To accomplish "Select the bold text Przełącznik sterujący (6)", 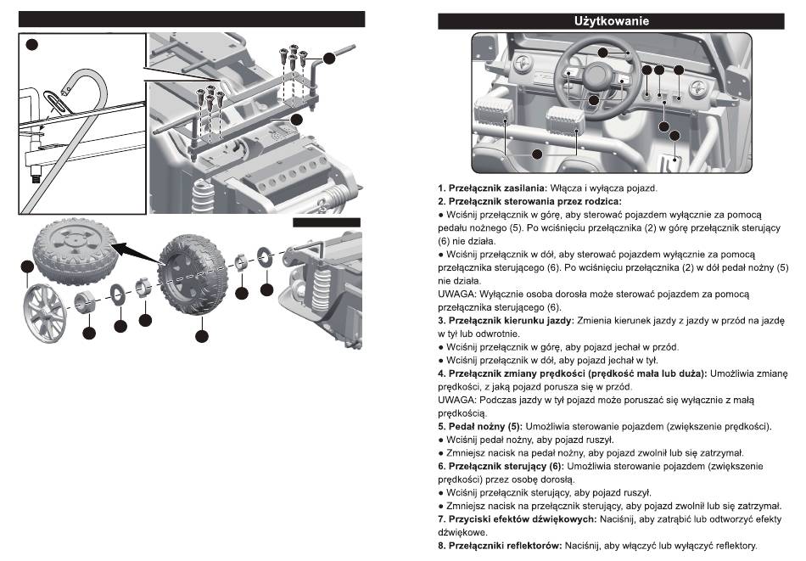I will pos(504,466).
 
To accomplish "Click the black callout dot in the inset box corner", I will pos(31,43).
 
